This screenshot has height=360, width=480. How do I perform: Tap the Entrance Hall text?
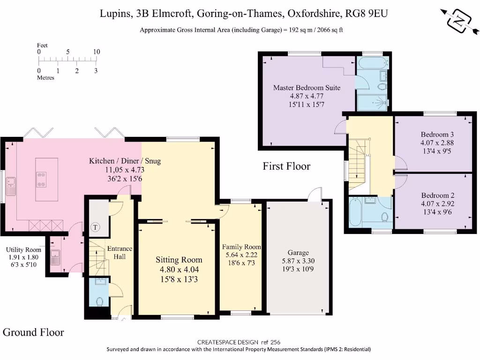(x=120, y=253)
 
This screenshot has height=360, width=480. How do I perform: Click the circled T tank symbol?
(x=96, y=227)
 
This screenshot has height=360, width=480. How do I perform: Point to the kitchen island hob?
(x=41, y=180)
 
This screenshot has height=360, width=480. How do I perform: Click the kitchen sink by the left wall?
(x=11, y=186)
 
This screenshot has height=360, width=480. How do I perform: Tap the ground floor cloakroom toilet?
(x=99, y=301)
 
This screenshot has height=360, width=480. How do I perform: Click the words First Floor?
(x=286, y=166)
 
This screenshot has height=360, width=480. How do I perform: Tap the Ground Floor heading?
(x=33, y=332)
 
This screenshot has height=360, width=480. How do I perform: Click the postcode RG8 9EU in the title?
(x=367, y=14)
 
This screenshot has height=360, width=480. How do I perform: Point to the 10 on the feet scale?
(x=97, y=52)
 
